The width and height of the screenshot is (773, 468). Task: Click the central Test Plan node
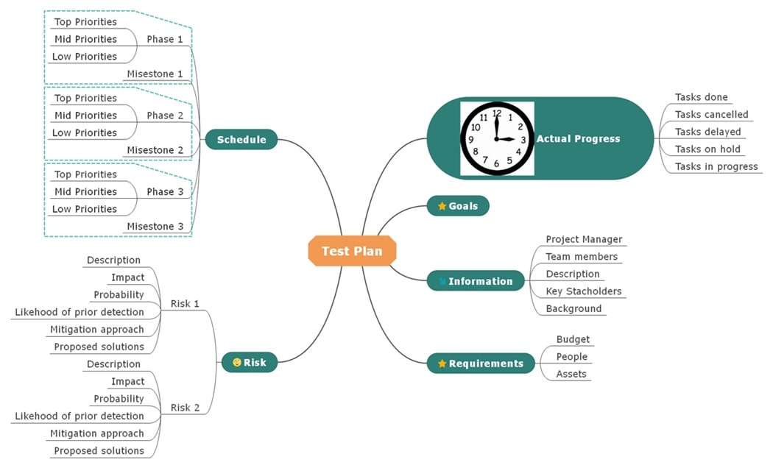coord(352,251)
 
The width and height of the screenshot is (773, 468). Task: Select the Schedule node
coord(241,139)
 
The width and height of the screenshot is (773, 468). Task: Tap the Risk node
coord(249,362)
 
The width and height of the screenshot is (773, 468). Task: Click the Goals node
coord(458,206)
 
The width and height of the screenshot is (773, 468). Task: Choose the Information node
coord(476,281)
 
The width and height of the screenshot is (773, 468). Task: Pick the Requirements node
coord(481,364)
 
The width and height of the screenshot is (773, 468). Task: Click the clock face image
coord(497,138)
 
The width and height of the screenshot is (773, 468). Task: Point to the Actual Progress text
coord(578,138)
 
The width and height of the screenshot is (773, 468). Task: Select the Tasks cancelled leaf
coord(711,115)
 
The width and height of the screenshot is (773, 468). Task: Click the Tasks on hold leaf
coord(707,149)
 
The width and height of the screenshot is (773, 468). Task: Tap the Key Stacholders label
coord(583,291)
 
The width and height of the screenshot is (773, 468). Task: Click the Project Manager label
coord(584,239)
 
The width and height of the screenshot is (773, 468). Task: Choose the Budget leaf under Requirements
coord(573,339)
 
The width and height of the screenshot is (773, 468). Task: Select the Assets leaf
coord(571,374)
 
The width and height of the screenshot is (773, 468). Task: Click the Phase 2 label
coord(165,116)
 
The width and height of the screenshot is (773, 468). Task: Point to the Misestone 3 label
coord(155,226)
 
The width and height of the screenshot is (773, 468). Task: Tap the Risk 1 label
coord(185,303)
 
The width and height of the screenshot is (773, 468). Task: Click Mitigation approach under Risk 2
coord(97,433)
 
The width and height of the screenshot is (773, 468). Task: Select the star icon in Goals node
coord(442,206)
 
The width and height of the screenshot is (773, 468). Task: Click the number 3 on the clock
coord(523,139)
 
